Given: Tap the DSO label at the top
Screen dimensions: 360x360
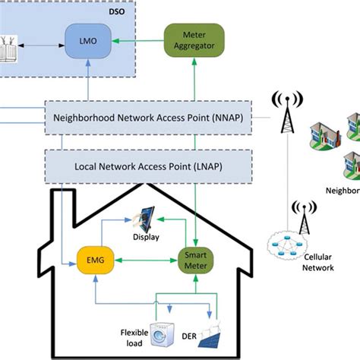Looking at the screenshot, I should point(121,11).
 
